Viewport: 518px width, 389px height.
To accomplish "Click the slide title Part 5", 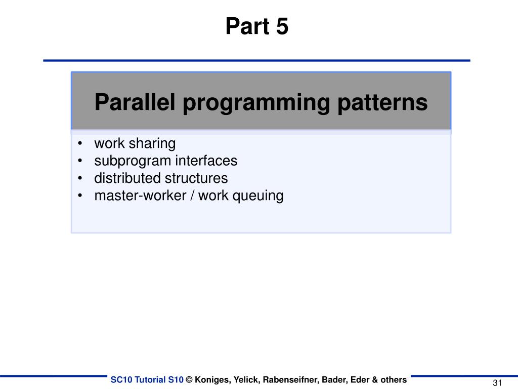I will (x=257, y=26).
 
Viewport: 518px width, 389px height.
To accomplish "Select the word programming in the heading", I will (x=255, y=103).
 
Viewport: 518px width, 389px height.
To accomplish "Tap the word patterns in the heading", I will (x=382, y=103).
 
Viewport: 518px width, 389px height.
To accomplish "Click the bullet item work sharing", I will (x=135, y=144).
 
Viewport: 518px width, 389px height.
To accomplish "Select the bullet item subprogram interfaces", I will (x=165, y=161).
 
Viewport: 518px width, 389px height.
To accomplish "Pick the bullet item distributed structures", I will (x=161, y=178).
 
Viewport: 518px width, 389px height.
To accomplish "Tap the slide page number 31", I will (x=497, y=382).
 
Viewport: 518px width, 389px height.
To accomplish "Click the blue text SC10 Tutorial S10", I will (x=147, y=379).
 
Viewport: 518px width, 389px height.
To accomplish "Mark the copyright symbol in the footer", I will (x=189, y=379).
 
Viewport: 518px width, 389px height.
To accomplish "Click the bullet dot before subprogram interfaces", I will (x=80, y=161).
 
